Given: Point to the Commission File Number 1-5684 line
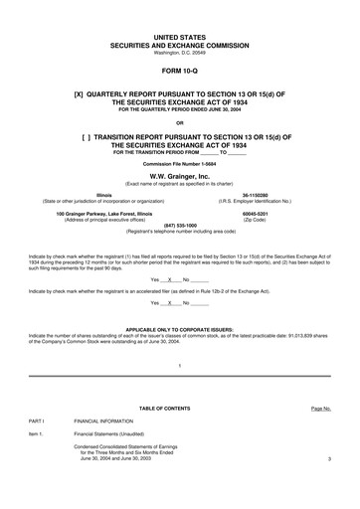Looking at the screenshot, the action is (179, 163).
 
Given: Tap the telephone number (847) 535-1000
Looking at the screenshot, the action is (179, 225).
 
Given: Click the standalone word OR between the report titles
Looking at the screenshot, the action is (179, 122).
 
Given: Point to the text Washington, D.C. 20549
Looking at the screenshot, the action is (179, 51).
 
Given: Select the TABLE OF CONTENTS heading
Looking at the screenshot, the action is (179, 409).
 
